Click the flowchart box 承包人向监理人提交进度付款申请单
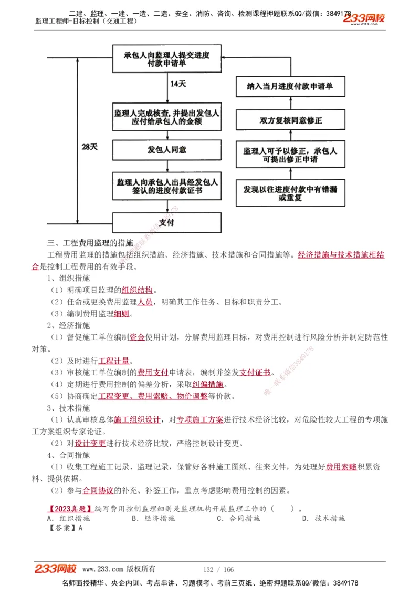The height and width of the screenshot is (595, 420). tap(167, 59)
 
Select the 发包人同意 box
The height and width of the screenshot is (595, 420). tap(167, 150)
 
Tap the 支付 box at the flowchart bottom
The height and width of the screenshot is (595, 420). tap(167, 222)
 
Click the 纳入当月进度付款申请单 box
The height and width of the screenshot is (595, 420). tap(290, 87)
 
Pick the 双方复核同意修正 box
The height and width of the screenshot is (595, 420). tap(290, 120)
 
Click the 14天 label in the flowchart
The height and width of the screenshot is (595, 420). tap(178, 84)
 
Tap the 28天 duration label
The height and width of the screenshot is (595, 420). tap(90, 147)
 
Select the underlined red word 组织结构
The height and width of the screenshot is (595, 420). tap(137, 290)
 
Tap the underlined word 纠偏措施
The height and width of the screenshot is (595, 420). tap(207, 384)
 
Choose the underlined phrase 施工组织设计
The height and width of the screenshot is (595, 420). tap(137, 419)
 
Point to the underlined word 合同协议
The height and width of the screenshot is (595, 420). tap(98, 490)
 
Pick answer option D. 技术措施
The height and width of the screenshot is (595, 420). tap(323, 518)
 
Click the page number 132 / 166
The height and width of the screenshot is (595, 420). tap(218, 569)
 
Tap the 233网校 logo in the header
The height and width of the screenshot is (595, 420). tap(364, 19)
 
